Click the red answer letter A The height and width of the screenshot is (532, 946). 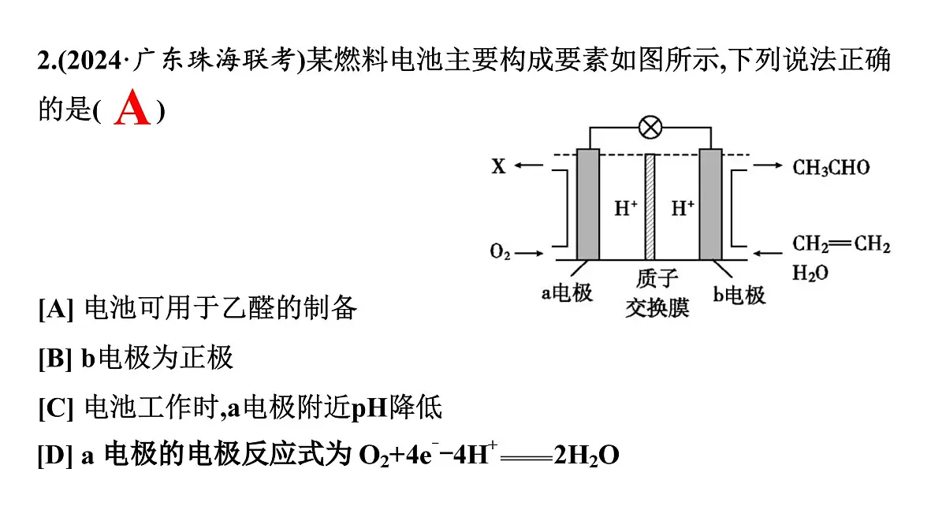coord(132,107)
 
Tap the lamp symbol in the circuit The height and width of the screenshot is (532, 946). coord(650,128)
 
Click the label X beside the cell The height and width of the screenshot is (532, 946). coord(499,166)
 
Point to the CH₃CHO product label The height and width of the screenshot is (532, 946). coord(831,168)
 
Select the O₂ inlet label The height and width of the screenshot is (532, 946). coord(500,251)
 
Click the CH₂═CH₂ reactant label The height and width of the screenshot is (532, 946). coord(841,244)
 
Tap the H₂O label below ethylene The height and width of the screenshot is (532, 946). coord(810,273)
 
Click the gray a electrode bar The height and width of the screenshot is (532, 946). coord(588,204)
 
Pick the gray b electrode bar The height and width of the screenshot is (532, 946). coord(711,204)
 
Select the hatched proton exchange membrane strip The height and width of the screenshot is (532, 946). coord(650,206)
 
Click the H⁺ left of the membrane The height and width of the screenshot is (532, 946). coord(625,209)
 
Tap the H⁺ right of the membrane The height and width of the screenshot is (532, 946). coord(683,209)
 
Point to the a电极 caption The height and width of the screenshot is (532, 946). coord(567,293)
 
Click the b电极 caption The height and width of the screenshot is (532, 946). coord(739,295)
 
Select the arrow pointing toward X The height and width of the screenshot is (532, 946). coord(528,165)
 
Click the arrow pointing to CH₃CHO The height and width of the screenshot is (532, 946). coord(768,165)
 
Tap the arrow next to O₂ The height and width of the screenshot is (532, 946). coord(529,253)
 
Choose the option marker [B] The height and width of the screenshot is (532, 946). coord(55,358)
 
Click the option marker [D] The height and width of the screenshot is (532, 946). coord(55,456)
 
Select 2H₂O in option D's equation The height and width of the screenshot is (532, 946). coord(587,456)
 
